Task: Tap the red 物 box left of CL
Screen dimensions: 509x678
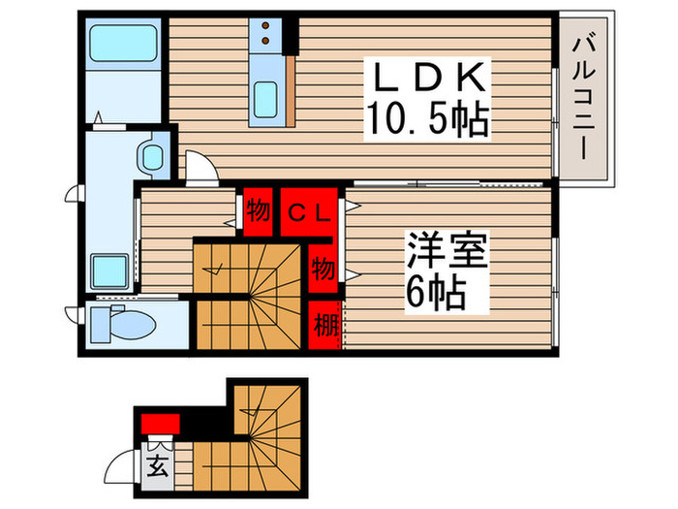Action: [x=258, y=209]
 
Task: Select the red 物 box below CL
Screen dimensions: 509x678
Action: [x=324, y=269]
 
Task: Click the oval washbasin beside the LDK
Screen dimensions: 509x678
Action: [x=151, y=155]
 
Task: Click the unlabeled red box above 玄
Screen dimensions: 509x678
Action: [x=160, y=423]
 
